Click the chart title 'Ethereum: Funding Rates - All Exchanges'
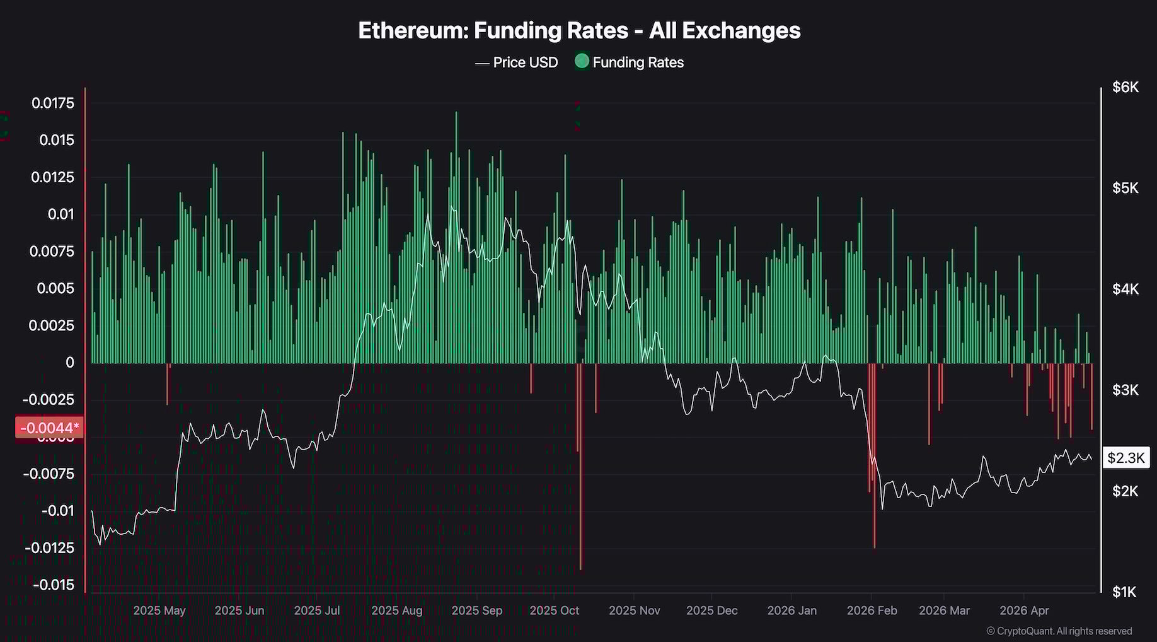pos(579,30)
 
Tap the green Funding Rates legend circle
pos(582,61)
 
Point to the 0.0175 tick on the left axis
pos(53,103)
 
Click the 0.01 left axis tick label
pos(60,214)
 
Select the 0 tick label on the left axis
pos(69,363)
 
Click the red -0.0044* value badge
pos(49,428)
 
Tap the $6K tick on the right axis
pos(1125,87)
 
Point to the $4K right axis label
pos(1125,289)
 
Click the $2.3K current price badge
pos(1125,458)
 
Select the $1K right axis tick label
pos(1125,592)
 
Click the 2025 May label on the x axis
pos(159,610)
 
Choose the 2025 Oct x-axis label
pos(554,610)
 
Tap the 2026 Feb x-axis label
pos(872,610)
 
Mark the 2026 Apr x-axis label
pos(1024,610)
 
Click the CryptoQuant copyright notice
pos(1059,631)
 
